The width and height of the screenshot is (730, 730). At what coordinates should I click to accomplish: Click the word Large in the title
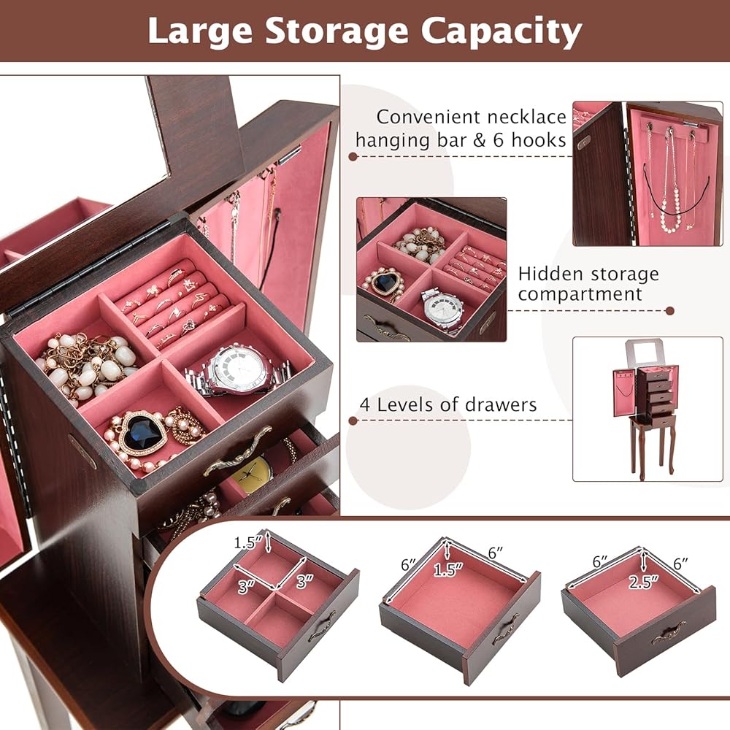(200, 31)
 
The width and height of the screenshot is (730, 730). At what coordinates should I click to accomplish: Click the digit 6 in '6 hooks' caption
(499, 140)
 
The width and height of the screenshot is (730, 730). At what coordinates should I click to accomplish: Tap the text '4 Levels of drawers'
(448, 404)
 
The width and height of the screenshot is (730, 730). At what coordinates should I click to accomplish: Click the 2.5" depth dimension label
(644, 582)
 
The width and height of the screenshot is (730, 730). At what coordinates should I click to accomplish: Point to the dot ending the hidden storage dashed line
(670, 310)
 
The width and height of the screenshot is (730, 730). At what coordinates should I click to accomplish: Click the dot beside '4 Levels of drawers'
(353, 420)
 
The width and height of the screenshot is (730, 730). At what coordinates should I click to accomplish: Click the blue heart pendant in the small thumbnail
(384, 282)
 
